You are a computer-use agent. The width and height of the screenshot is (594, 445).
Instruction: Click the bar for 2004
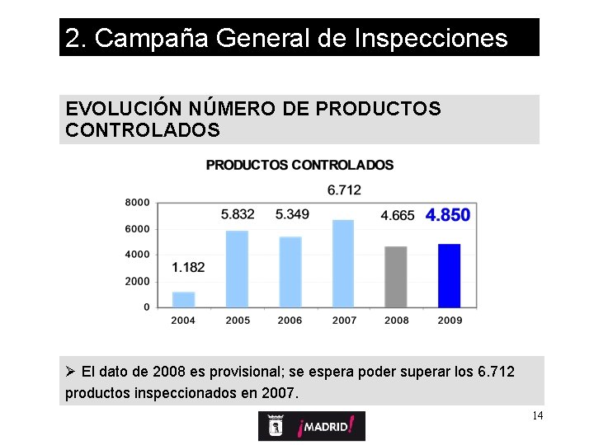[x=183, y=299]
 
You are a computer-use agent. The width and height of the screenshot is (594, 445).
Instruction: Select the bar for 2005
[x=237, y=269]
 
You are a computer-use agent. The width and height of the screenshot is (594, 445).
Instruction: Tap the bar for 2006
[x=290, y=272]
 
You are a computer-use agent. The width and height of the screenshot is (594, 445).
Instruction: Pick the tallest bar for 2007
[x=343, y=263]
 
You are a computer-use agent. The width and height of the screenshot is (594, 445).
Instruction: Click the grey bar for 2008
[x=396, y=276]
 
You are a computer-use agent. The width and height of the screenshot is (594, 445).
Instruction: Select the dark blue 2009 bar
[x=449, y=275]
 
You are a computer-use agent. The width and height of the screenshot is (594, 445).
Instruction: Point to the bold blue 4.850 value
[x=448, y=215]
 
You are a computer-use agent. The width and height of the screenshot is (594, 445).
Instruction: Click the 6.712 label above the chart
[x=344, y=190]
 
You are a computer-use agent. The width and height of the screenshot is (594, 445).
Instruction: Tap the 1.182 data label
[x=188, y=267]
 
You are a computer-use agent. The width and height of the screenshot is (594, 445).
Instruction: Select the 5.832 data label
[x=238, y=214]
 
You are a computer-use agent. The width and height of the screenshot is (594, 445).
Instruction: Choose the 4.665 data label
[x=398, y=215]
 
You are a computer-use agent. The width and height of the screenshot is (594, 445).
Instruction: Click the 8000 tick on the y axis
[x=138, y=202]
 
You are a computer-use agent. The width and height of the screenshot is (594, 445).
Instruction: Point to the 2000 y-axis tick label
[x=138, y=281]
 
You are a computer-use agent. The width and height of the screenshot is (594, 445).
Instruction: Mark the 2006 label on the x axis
[x=290, y=321]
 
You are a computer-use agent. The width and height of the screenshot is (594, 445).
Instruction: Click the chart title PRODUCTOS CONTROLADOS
[x=299, y=165]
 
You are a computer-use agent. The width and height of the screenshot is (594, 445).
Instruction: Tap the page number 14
[x=537, y=415]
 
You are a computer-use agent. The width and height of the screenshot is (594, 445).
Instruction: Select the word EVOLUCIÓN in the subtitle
[x=114, y=109]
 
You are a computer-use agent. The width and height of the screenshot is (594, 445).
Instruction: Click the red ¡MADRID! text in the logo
[x=327, y=426]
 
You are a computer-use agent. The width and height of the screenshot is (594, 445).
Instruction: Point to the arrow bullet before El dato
[x=71, y=372]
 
